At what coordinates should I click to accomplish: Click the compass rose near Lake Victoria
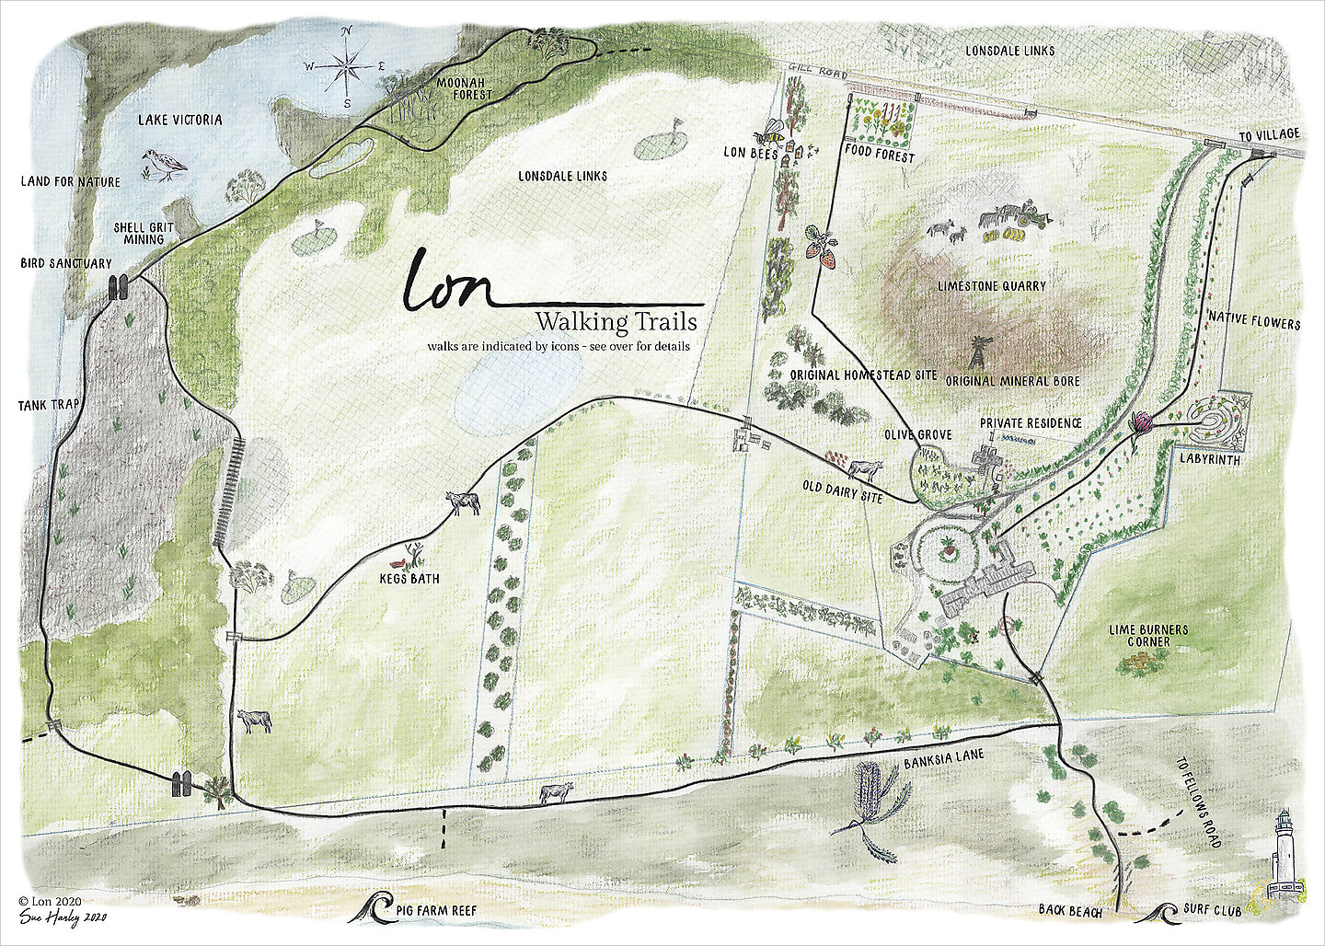(347, 67)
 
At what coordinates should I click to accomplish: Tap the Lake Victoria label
(179, 120)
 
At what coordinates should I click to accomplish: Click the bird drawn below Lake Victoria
(164, 165)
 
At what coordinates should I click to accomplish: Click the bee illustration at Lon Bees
(773, 134)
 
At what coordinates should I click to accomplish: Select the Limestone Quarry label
(991, 286)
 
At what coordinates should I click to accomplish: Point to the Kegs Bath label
(409, 579)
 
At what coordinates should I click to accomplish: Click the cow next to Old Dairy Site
(864, 470)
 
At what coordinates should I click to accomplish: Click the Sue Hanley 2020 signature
(63, 917)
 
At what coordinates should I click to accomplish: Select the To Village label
(1268, 134)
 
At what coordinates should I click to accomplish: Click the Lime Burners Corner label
(1147, 635)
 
